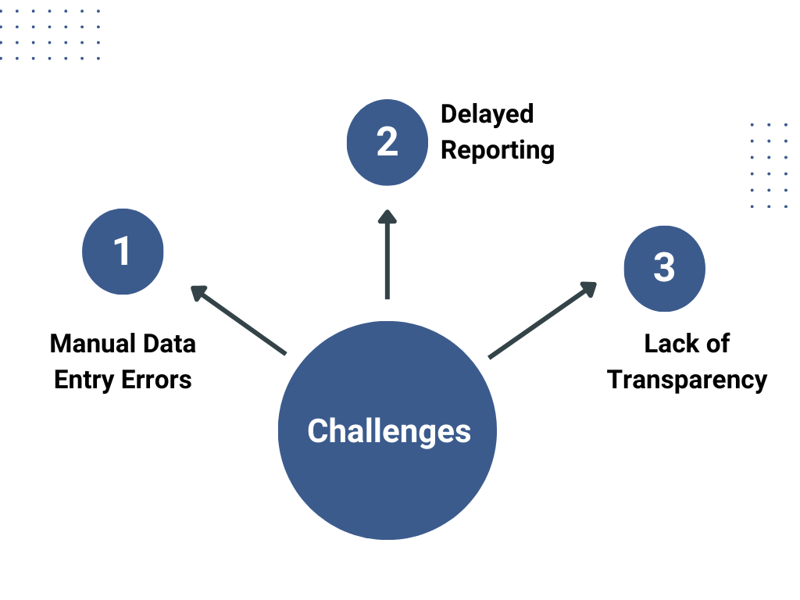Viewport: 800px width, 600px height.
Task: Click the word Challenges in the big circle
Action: [388, 431]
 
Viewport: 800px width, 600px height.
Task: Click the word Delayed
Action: [487, 114]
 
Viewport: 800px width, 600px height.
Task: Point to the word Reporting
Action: [497, 150]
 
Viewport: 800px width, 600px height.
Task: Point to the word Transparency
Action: [687, 380]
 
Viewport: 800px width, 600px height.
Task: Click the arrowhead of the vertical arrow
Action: [387, 216]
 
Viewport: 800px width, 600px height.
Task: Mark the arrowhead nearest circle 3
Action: [587, 290]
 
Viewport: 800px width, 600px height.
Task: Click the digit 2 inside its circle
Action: [387, 142]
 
